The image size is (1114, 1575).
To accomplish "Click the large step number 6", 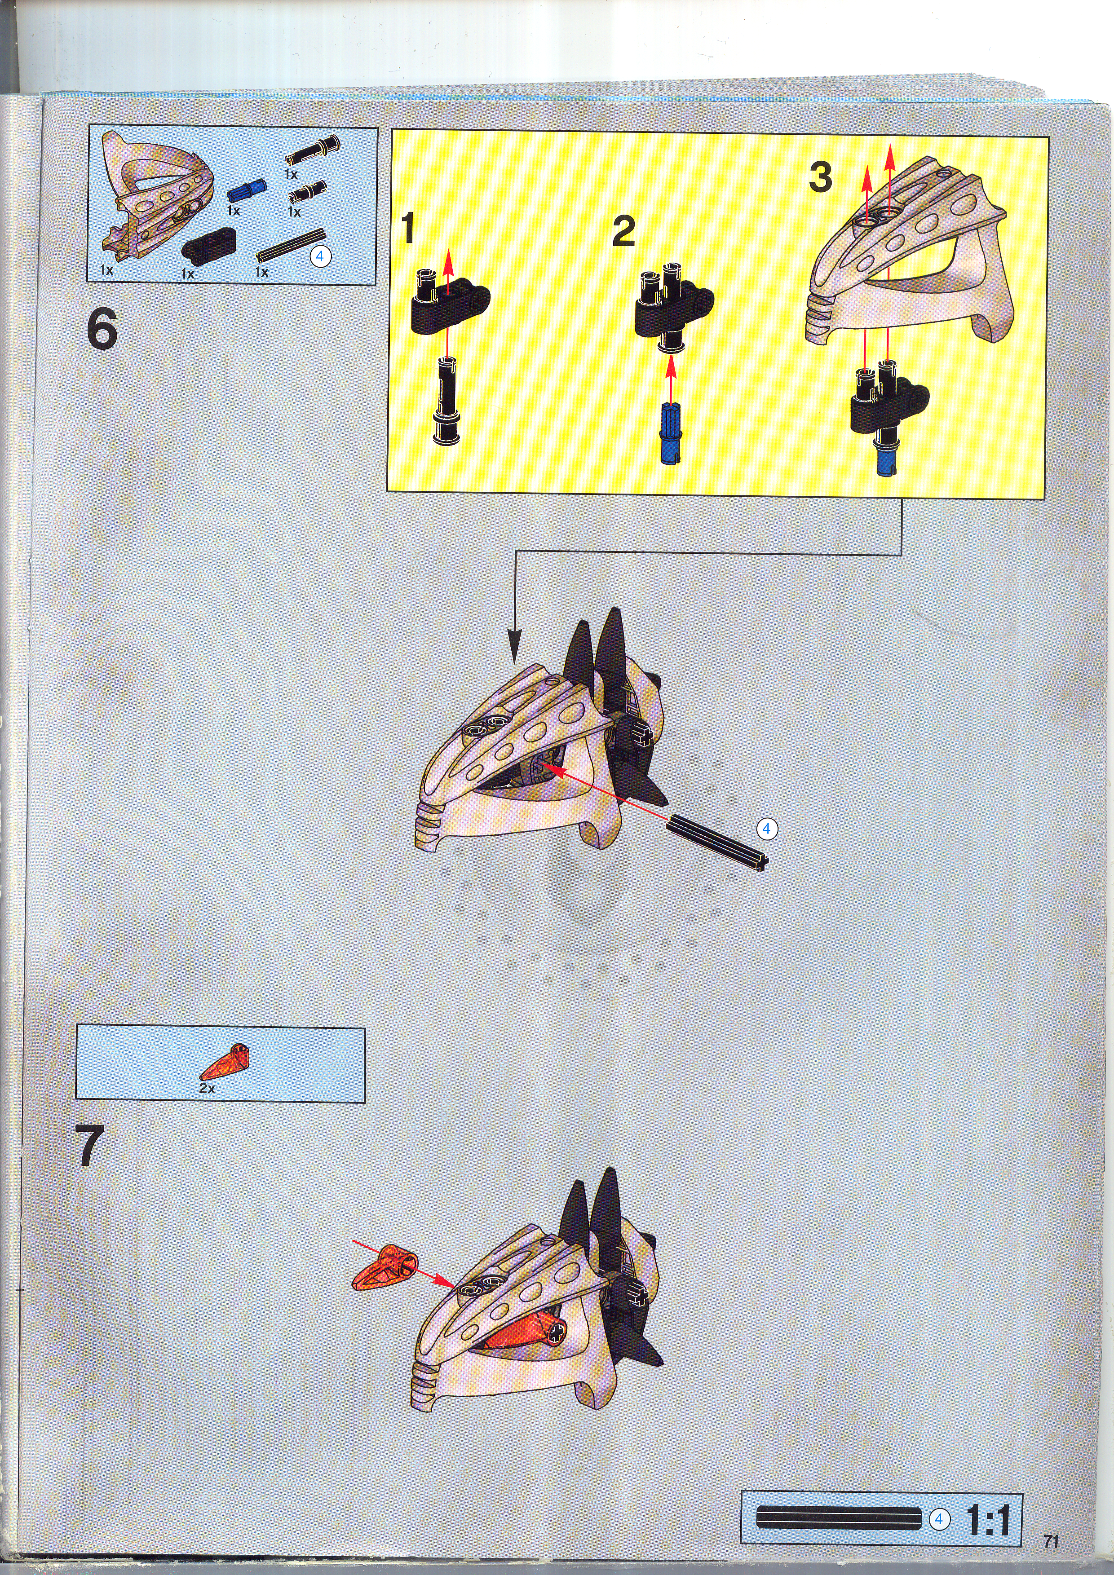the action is pos(102,329).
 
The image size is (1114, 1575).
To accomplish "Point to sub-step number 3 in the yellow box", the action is pos(820,176).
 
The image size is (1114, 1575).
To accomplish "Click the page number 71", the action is pos(1051,1541).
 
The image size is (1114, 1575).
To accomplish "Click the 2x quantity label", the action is pos(207,1088).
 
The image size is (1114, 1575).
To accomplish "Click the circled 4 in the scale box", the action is pos(939,1519).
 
